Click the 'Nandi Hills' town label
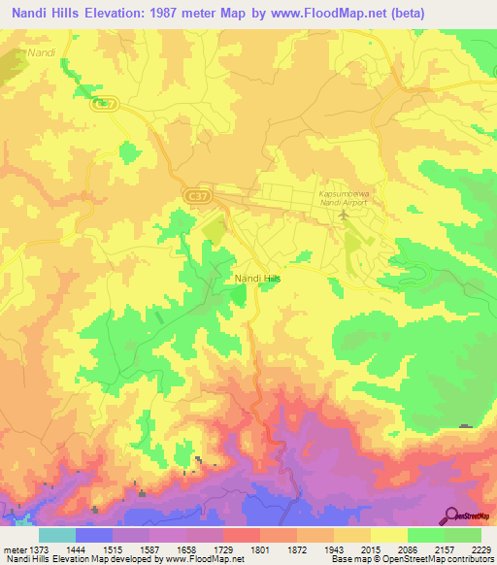click(257, 279)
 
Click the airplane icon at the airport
click(343, 213)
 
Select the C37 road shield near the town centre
click(195, 197)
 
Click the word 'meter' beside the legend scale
click(12, 548)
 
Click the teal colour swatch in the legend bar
click(57, 535)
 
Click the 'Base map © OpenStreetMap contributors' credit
click(412, 559)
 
